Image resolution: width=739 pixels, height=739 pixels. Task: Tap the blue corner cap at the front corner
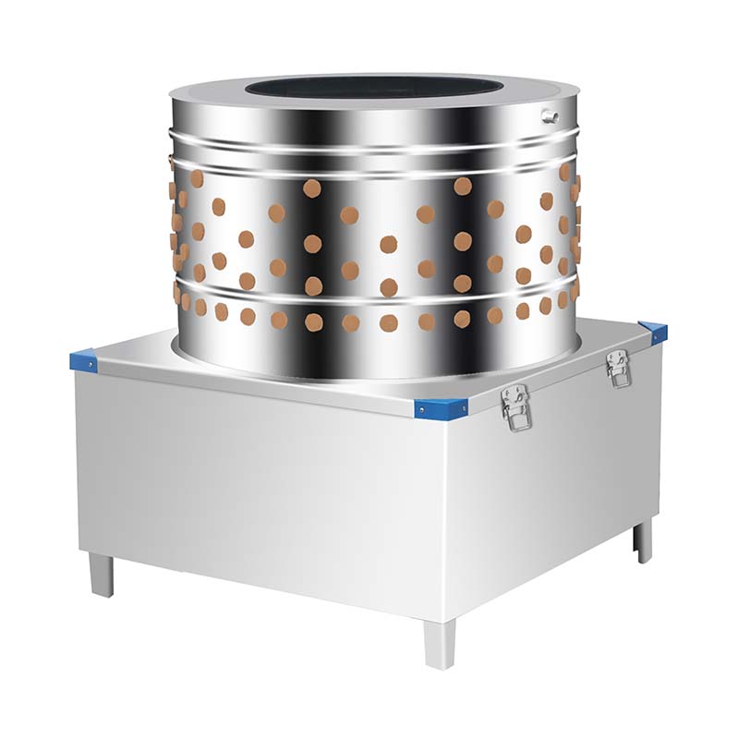[x=441, y=407]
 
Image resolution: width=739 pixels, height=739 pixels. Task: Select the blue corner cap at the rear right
[x=653, y=332]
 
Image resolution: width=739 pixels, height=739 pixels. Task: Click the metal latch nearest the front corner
[x=515, y=407]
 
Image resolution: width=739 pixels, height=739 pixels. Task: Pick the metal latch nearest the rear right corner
[x=618, y=367]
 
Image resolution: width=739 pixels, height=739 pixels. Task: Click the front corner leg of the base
[x=440, y=643]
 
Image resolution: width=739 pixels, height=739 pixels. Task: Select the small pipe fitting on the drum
[x=551, y=116]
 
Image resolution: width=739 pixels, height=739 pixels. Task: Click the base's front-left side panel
[x=259, y=490]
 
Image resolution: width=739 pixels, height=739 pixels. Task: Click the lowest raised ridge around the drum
[x=369, y=297]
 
